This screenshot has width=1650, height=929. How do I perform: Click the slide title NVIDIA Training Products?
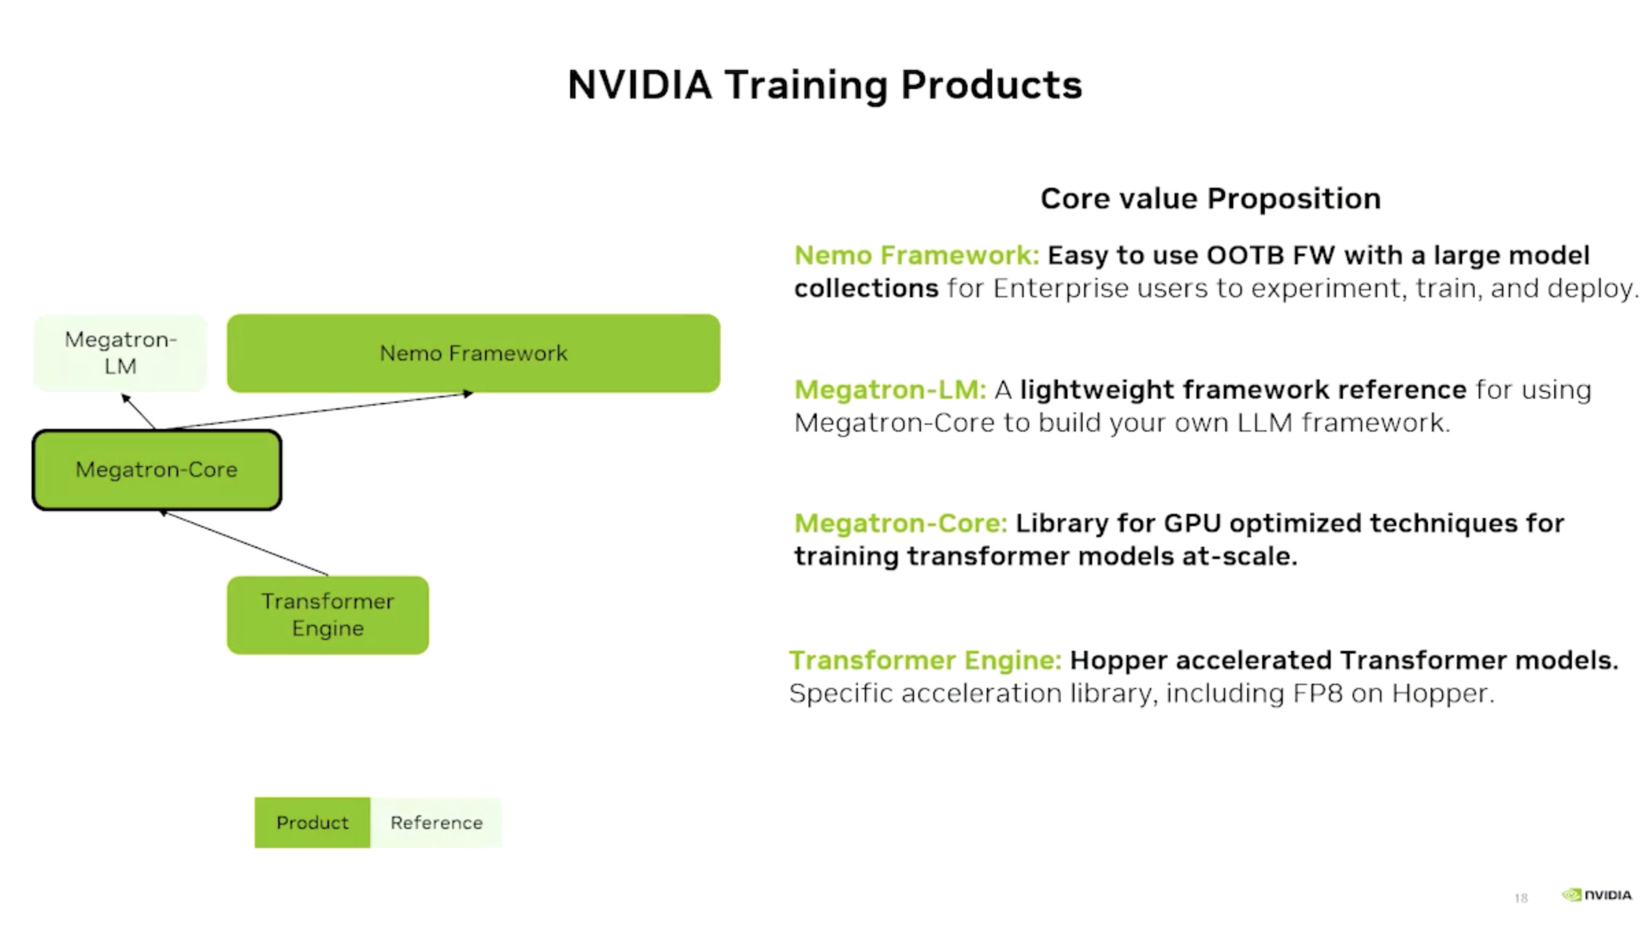coord(825,85)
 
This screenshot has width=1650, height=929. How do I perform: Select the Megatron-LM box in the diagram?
coord(121,353)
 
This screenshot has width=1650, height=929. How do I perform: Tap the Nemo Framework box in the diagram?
coord(473,354)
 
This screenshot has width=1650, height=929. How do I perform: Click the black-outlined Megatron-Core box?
coord(157,470)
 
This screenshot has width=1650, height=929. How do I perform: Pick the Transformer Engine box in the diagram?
coord(328,615)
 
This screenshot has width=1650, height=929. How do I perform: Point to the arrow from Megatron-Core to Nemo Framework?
coord(315,411)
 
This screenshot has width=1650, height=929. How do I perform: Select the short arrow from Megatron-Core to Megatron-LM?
coord(138,412)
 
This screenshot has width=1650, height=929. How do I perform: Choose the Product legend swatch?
coord(312,822)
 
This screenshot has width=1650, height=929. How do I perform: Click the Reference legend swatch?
coord(436,822)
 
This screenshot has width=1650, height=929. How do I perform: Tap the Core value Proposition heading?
coord(1211,199)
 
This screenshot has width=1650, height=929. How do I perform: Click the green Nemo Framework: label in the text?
coord(917,256)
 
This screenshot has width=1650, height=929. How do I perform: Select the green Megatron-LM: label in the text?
coord(890,390)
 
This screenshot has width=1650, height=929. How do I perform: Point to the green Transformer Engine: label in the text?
coord(926,660)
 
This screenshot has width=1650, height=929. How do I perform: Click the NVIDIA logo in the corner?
coord(1597,895)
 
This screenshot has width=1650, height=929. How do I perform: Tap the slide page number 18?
coord(1520,898)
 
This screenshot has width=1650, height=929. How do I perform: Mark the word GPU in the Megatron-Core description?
coord(1193,523)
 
